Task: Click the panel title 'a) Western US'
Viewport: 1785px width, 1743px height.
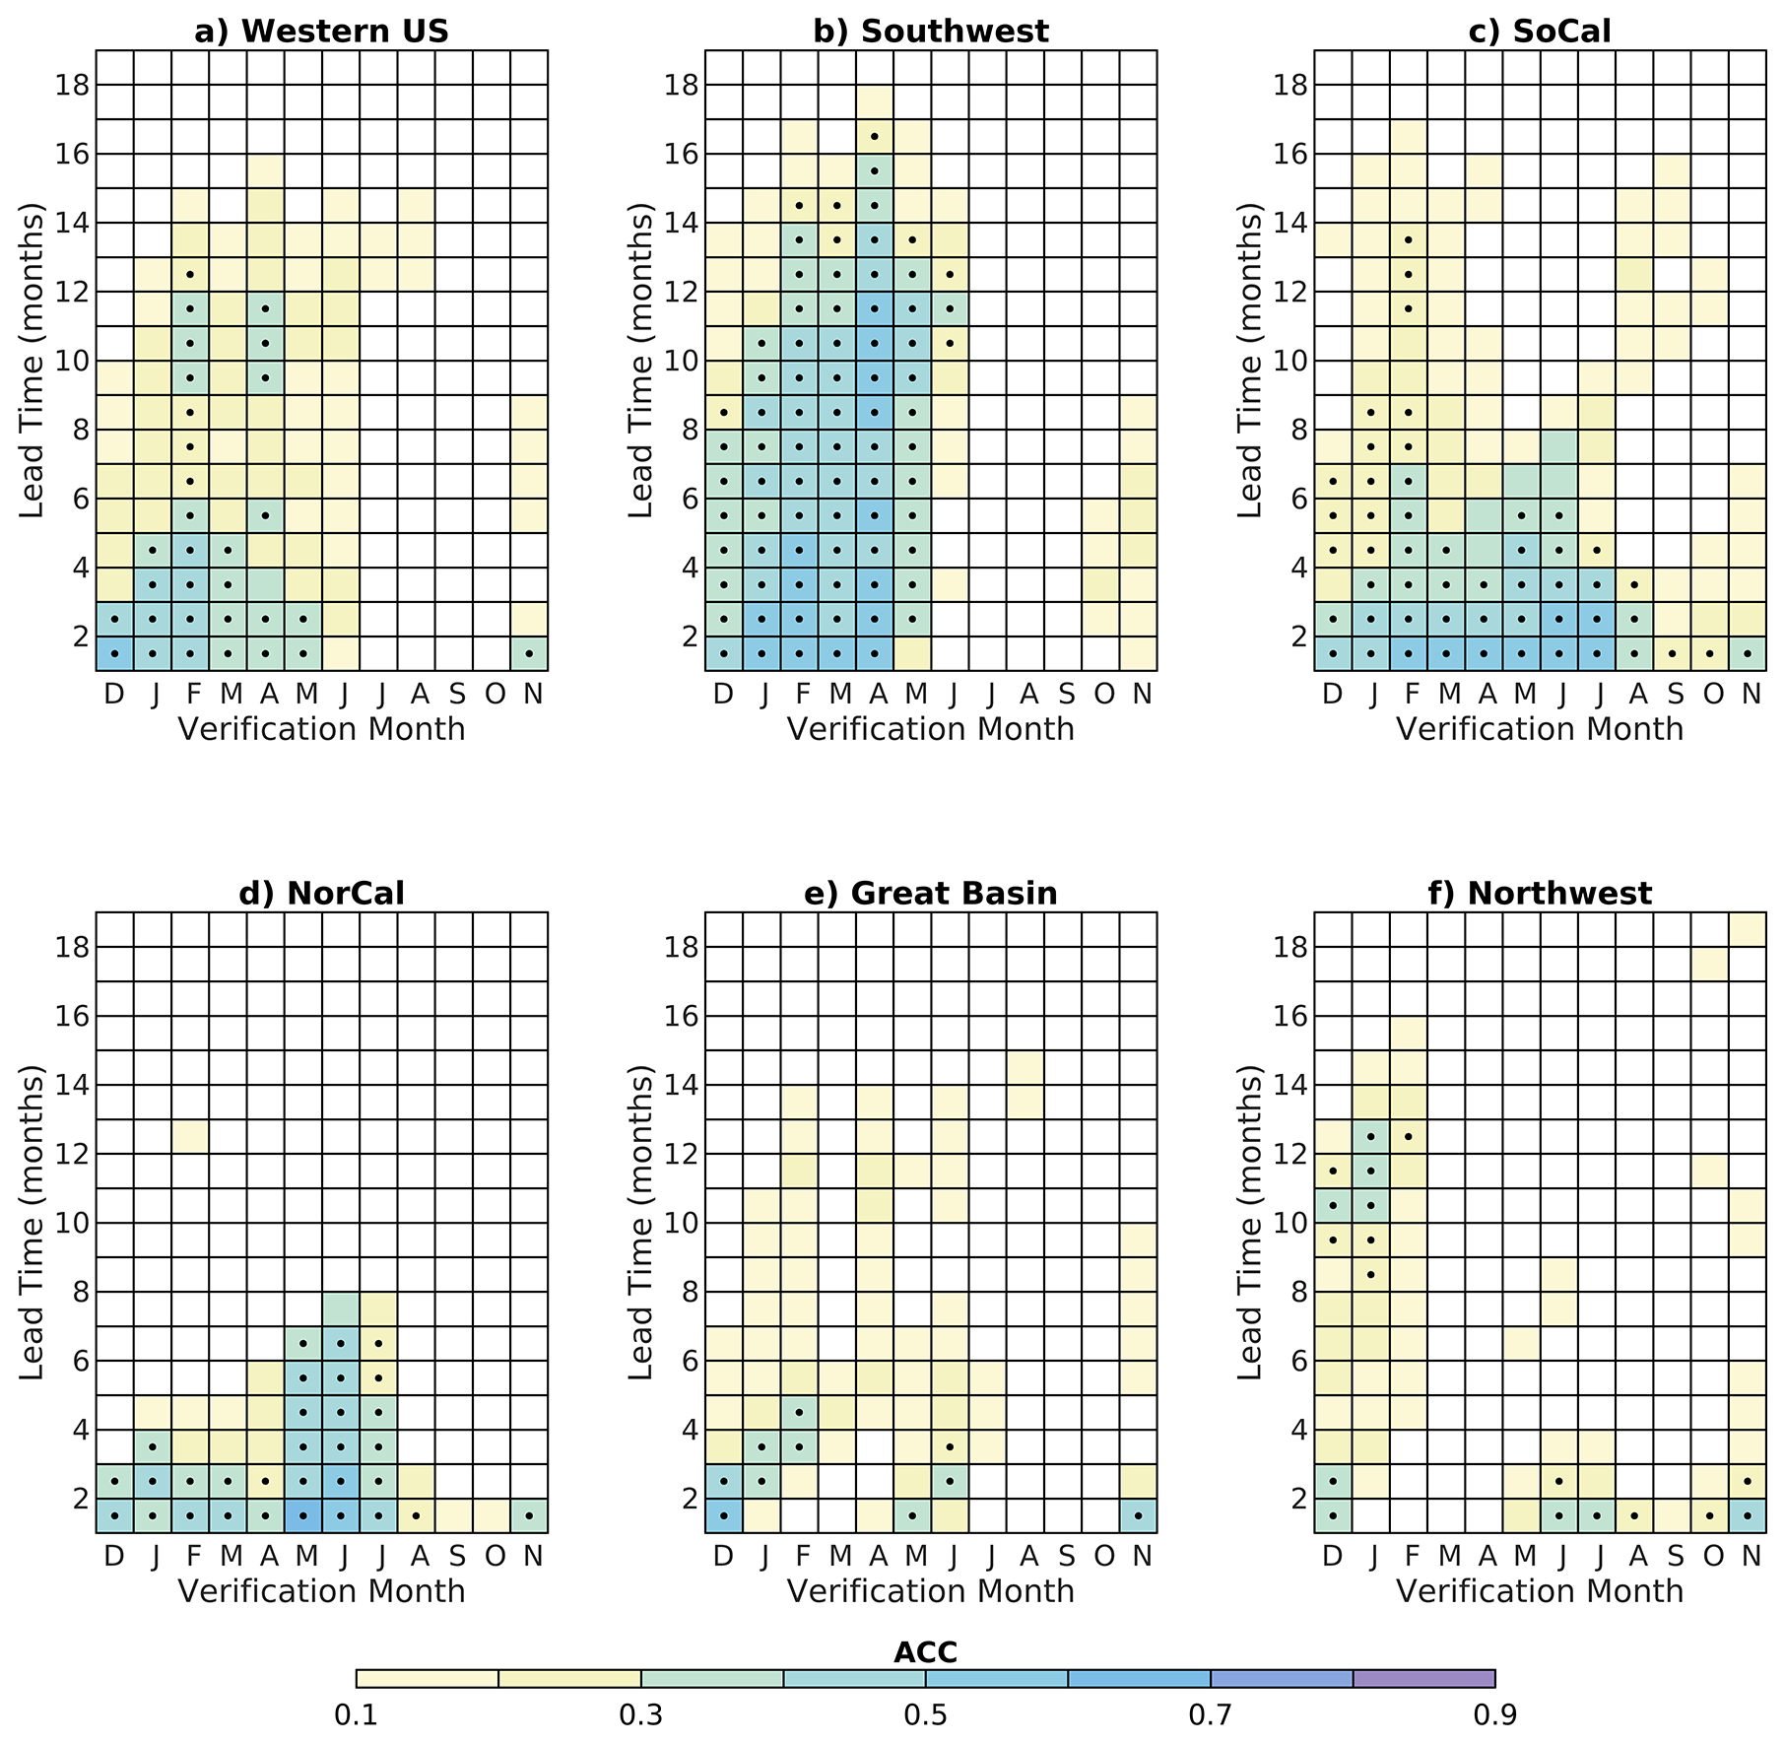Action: pyautogui.click(x=321, y=32)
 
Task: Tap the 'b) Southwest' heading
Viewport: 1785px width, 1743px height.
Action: pyautogui.click(x=931, y=32)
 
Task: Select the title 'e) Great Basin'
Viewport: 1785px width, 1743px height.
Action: pyautogui.click(x=931, y=894)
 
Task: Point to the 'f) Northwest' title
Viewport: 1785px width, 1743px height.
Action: pyautogui.click(x=1540, y=894)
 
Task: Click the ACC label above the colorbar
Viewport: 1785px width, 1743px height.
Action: pyautogui.click(x=925, y=1652)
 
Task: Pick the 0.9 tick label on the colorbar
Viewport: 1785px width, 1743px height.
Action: pyautogui.click(x=1494, y=1715)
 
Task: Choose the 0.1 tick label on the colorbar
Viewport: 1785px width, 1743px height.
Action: pyautogui.click(x=357, y=1715)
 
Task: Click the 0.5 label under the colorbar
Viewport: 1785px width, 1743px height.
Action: pyautogui.click(x=925, y=1715)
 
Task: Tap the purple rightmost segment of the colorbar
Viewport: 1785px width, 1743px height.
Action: pyautogui.click(x=1423, y=1679)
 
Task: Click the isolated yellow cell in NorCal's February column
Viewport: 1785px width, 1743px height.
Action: pyautogui.click(x=190, y=1136)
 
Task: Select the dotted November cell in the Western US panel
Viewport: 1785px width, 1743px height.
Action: pyautogui.click(x=529, y=653)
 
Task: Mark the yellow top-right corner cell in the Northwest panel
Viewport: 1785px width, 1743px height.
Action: pyautogui.click(x=1748, y=929)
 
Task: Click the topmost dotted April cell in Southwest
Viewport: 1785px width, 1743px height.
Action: pyautogui.click(x=875, y=136)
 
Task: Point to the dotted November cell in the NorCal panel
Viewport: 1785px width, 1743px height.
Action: pyautogui.click(x=529, y=1515)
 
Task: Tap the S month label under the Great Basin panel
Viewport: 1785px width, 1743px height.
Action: pyautogui.click(x=1067, y=1556)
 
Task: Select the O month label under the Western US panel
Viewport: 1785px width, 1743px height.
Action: pyautogui.click(x=495, y=694)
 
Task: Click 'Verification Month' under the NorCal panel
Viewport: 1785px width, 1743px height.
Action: pyautogui.click(x=321, y=1591)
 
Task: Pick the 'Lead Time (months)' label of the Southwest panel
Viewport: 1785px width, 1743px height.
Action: pyautogui.click(x=640, y=361)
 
